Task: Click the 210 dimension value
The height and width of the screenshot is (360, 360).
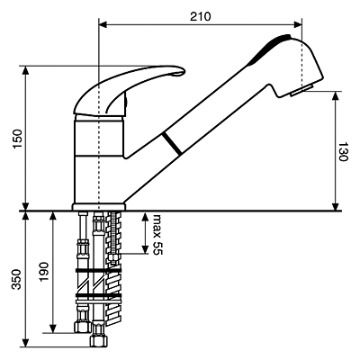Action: pyautogui.click(x=201, y=16)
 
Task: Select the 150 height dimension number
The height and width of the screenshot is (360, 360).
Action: pyautogui.click(x=18, y=139)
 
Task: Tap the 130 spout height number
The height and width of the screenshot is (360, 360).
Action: pyautogui.click(x=342, y=152)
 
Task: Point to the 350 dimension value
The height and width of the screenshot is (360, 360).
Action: pyautogui.click(x=17, y=279)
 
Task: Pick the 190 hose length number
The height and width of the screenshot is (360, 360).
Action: pyautogui.click(x=44, y=272)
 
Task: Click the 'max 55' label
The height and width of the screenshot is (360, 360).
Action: pyautogui.click(x=157, y=235)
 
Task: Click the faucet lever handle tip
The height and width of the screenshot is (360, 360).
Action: pyautogui.click(x=183, y=71)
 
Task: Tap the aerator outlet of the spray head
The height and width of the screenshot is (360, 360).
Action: pyautogui.click(x=301, y=90)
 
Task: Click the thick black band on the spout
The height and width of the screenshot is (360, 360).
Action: pyautogui.click(x=172, y=144)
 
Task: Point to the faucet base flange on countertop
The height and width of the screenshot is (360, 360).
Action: pyautogui.click(x=99, y=207)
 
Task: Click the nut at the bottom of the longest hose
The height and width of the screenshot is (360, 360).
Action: pyautogui.click(x=98, y=340)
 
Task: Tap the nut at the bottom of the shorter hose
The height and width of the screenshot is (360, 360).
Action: pyautogui.click(x=82, y=326)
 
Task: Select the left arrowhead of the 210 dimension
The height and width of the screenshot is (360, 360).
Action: pyautogui.click(x=103, y=24)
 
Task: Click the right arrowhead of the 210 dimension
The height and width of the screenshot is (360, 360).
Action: pyautogui.click(x=298, y=24)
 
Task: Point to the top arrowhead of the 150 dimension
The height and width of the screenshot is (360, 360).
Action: pyautogui.click(x=26, y=70)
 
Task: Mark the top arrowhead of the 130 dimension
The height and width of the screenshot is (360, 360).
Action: pyautogui.click(x=336, y=95)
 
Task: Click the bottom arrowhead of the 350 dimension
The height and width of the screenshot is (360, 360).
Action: pyautogui.click(x=26, y=343)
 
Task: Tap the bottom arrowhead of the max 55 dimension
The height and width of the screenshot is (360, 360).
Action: pyautogui.click(x=145, y=249)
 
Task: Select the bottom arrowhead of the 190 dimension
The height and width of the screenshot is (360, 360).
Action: pyautogui.click(x=53, y=328)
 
